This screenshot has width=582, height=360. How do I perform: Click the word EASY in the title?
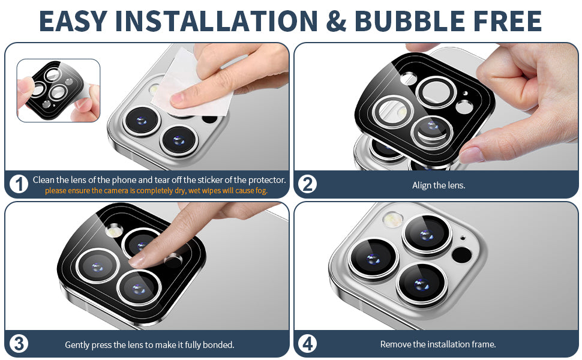pos(73,21)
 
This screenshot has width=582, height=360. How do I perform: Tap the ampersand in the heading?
pos(335,21)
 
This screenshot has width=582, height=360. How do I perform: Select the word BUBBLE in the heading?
pos(410,21)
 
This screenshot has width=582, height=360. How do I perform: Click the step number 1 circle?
pos(19,184)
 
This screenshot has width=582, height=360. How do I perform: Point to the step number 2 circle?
pos(308,184)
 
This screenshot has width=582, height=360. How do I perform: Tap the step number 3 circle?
pos(19,344)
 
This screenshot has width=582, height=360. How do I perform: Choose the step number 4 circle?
pos(308,344)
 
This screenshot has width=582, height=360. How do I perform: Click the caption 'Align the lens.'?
pos(439,185)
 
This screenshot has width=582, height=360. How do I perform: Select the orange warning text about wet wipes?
pos(156,191)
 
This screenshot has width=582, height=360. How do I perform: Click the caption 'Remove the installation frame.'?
pos(438,344)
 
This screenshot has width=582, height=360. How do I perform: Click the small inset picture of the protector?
pos(58,91)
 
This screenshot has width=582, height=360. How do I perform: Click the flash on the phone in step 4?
pos(392,219)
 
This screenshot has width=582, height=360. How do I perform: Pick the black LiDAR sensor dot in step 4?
pos(462,256)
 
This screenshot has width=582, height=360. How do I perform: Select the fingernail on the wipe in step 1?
pos(177,98)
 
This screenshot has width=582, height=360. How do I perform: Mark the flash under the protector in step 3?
pos(114,230)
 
